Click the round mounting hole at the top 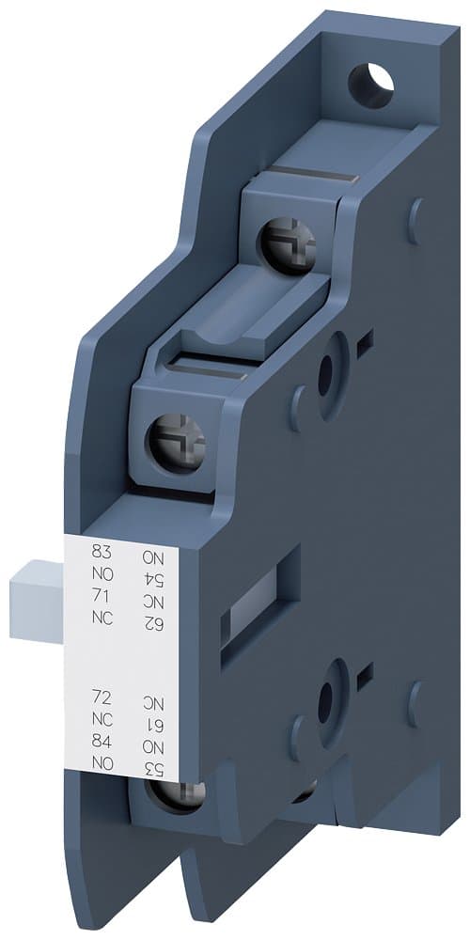click(x=370, y=85)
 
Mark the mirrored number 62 click(x=153, y=621)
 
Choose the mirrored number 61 click(x=153, y=723)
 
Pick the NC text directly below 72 click(x=100, y=719)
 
